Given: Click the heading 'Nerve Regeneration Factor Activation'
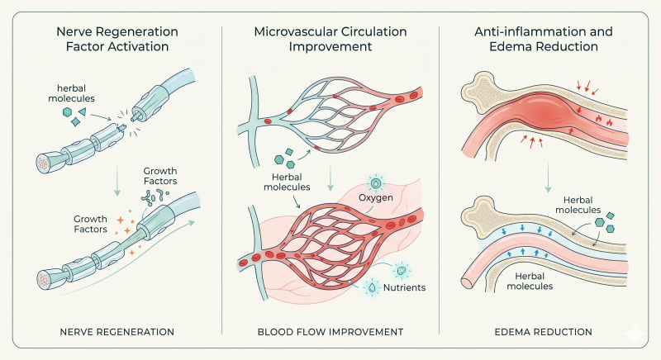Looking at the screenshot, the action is click(117, 39).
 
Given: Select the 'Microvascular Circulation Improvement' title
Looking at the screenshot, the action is click(330, 39).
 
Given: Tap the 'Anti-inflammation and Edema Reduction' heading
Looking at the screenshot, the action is click(544, 39).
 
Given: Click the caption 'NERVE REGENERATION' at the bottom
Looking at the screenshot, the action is click(117, 332).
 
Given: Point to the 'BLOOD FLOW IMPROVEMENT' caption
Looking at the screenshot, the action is click(330, 332).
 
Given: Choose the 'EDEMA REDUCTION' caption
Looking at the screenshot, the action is click(544, 332).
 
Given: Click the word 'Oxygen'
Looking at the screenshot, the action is click(376, 198).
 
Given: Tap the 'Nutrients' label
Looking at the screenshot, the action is click(404, 287).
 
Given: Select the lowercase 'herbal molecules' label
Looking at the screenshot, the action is click(71, 93).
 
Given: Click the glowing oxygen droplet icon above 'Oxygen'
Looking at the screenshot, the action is click(376, 183).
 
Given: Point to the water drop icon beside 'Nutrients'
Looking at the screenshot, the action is click(371, 287).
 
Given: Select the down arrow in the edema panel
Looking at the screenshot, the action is click(548, 178).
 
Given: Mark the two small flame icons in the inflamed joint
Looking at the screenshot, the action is click(604, 121).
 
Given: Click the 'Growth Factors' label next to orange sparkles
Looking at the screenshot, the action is click(90, 224).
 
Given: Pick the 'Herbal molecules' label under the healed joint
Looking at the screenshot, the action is click(530, 282).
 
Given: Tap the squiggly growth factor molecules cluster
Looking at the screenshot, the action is click(155, 197).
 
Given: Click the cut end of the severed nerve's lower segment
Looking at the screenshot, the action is click(120, 128).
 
